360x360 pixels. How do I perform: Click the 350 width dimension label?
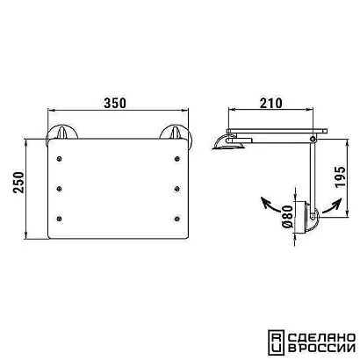click(115, 103)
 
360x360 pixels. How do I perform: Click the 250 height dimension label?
click(18, 183)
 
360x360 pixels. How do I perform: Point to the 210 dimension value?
click(271, 103)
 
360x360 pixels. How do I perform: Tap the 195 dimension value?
click(340, 176)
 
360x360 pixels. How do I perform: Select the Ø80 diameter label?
click(287, 217)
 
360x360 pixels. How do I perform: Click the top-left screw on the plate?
click(60, 159)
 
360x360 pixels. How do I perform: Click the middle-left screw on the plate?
click(60, 189)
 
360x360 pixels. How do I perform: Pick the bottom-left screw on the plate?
click(60, 219)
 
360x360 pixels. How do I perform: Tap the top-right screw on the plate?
click(176, 159)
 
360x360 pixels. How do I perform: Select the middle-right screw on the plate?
click(176, 189)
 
